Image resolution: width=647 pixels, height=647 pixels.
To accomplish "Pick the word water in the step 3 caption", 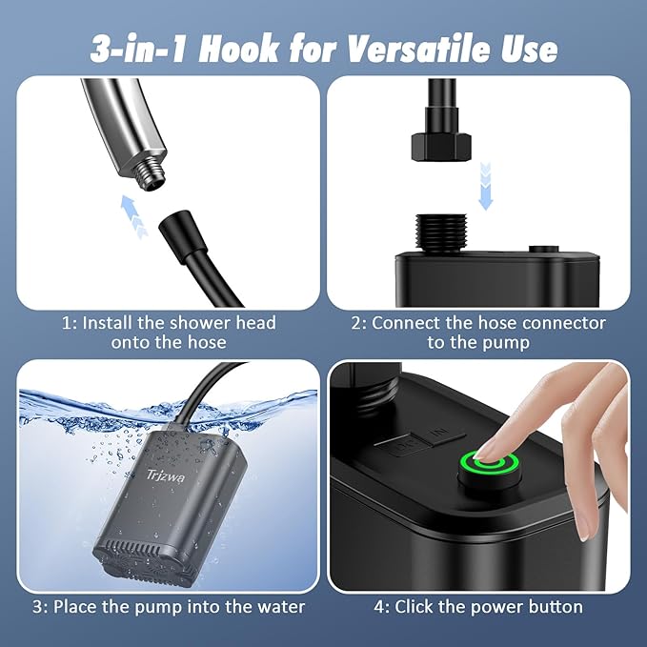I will pyautogui.click(x=278, y=606).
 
